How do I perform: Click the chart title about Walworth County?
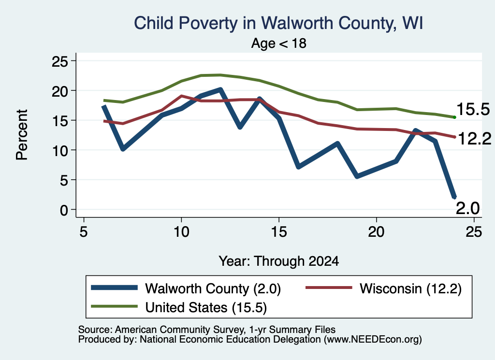[x=278, y=23]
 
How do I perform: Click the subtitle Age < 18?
[x=279, y=43]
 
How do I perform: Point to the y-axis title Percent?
[x=22, y=135]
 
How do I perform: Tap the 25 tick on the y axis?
[x=59, y=61]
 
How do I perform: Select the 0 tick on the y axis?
[x=64, y=210]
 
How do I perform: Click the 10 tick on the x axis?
[x=181, y=232]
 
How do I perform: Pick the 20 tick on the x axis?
[x=376, y=232]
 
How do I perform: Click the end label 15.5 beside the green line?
[x=473, y=109]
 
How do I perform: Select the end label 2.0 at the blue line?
[x=468, y=208]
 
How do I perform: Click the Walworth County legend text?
[x=213, y=288]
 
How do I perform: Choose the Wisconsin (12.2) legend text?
[x=411, y=288]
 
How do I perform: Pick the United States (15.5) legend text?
[x=206, y=307]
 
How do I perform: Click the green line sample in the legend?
[x=114, y=306]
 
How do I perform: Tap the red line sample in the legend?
[x=329, y=288]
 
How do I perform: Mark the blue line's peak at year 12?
[x=220, y=89]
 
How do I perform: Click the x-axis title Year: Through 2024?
[x=279, y=261]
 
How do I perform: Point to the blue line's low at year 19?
[x=357, y=176]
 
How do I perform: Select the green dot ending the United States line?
[x=454, y=117]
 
